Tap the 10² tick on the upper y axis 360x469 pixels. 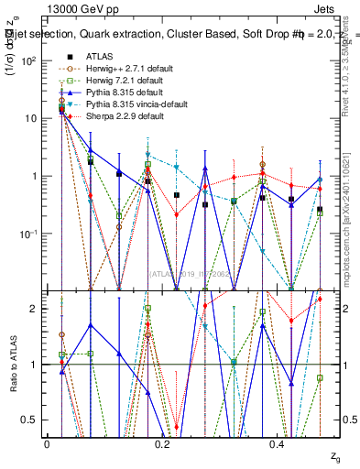click(x=34, y=60)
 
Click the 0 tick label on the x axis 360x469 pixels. click(x=47, y=443)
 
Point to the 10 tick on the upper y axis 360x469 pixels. click(x=34, y=118)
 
